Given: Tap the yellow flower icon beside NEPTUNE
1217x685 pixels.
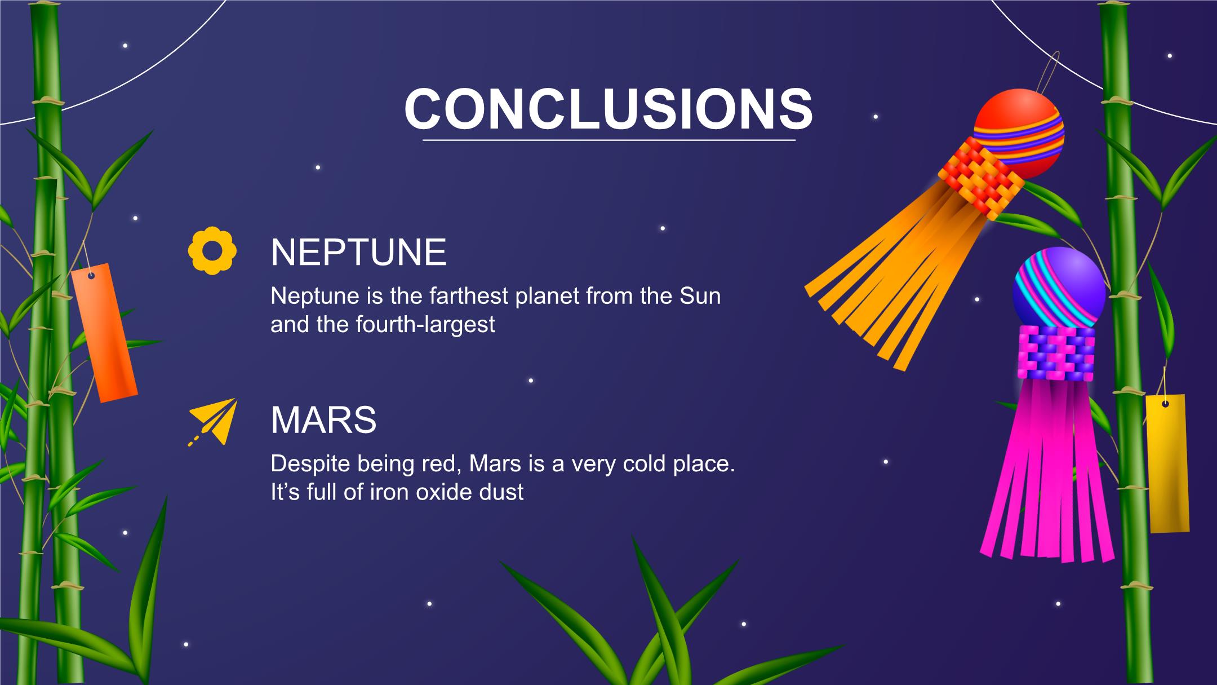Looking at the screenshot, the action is [x=212, y=250].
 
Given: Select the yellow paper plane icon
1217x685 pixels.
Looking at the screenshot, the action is [x=212, y=422].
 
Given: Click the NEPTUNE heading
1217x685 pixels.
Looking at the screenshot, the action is [x=358, y=252].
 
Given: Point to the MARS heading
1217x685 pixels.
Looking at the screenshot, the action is [x=323, y=419].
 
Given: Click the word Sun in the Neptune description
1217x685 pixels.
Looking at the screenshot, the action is [x=700, y=296].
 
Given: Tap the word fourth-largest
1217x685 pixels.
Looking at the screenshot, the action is [x=425, y=325].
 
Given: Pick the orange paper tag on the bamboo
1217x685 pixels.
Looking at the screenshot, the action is [x=104, y=333].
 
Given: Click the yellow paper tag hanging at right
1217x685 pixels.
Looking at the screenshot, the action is [x=1167, y=463].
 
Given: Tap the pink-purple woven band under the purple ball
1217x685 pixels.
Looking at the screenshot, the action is [x=1056, y=352].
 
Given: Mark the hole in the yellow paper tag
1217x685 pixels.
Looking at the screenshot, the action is [x=1165, y=404].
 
